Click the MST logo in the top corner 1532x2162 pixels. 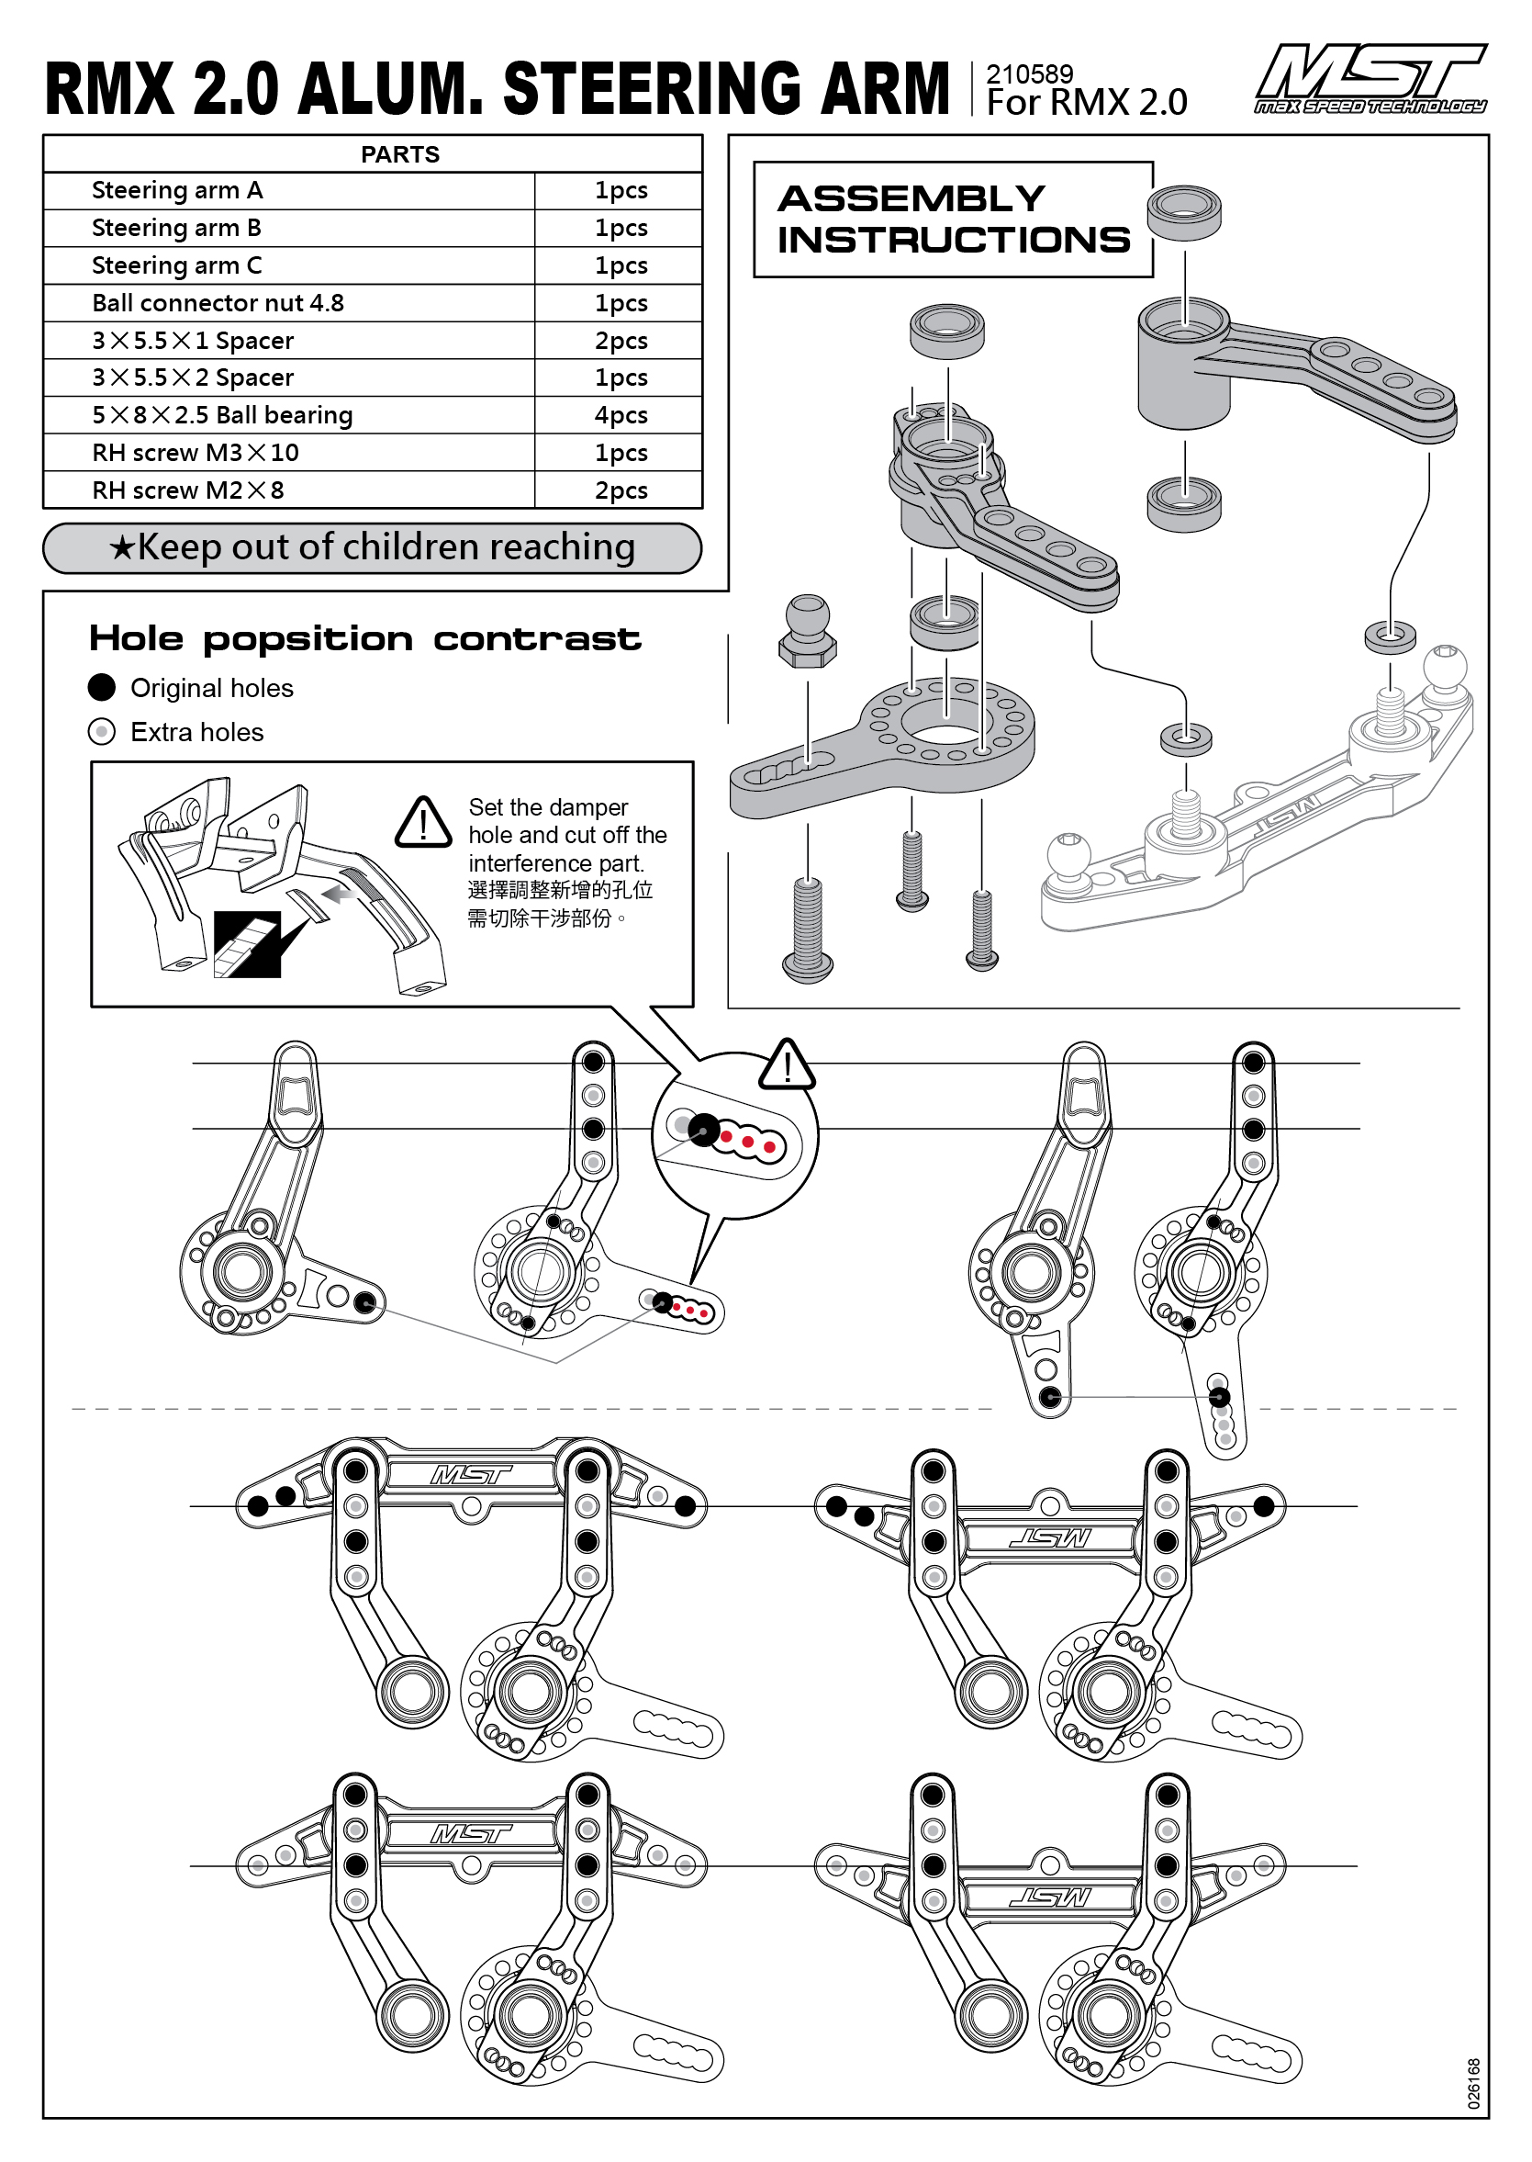tap(1370, 79)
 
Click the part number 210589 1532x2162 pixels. tap(1029, 74)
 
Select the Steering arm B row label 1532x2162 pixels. tap(176, 229)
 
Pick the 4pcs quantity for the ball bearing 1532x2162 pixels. tap(621, 415)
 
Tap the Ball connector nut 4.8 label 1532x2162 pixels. tap(218, 303)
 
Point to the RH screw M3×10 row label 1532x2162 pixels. tap(196, 453)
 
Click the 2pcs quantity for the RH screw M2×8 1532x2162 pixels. tap(621, 490)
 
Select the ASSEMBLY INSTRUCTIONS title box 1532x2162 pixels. tap(953, 219)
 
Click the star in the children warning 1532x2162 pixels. tap(122, 548)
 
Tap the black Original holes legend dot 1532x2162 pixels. tap(102, 688)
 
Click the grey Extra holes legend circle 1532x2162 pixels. tap(102, 732)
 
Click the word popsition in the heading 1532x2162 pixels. tap(308, 639)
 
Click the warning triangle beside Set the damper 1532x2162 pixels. tap(423, 823)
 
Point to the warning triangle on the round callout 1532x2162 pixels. tap(787, 1065)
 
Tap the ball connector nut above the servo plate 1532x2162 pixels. tap(808, 631)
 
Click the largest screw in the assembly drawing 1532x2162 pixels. tap(808, 929)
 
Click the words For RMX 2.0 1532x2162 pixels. tap(1086, 103)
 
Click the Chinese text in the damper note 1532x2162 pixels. tap(559, 904)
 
